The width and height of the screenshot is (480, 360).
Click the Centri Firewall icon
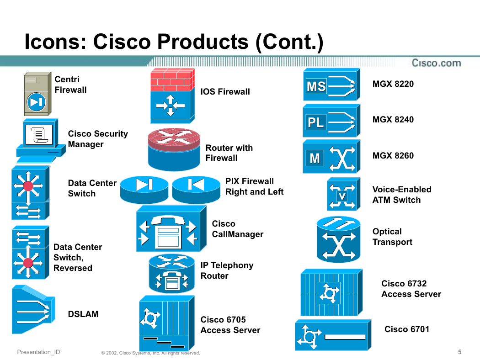pyautogui.click(x=37, y=94)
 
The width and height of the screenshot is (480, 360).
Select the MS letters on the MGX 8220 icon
pyautogui.click(x=316, y=86)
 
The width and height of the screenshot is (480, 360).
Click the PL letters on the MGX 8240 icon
pyautogui.click(x=316, y=122)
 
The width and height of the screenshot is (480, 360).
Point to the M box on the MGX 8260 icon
pyautogui.click(x=315, y=159)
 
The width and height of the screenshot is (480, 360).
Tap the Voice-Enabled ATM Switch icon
pyautogui.click(x=343, y=194)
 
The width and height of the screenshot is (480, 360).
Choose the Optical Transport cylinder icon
pyautogui.click(x=339, y=239)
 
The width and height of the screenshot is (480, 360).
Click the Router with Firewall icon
pyautogui.click(x=174, y=149)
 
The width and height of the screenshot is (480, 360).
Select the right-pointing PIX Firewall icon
pyautogui.click(x=144, y=190)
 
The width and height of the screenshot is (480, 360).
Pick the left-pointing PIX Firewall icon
pyautogui.click(x=196, y=190)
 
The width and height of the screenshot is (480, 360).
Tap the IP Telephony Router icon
pyautogui.click(x=172, y=274)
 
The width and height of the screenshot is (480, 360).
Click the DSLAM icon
pyautogui.click(x=33, y=310)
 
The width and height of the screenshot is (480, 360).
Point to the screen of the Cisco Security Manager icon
pyautogui.click(x=39, y=135)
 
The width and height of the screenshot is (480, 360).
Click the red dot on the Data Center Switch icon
pyautogui.click(x=28, y=186)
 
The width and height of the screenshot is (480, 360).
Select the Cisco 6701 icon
pyautogui.click(x=333, y=335)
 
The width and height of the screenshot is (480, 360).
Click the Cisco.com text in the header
pyautogui.click(x=436, y=63)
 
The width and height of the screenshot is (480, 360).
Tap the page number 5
pyautogui.click(x=459, y=352)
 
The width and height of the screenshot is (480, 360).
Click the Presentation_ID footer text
pyautogui.click(x=38, y=352)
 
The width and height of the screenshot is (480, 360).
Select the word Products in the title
pyautogui.click(x=171, y=42)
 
